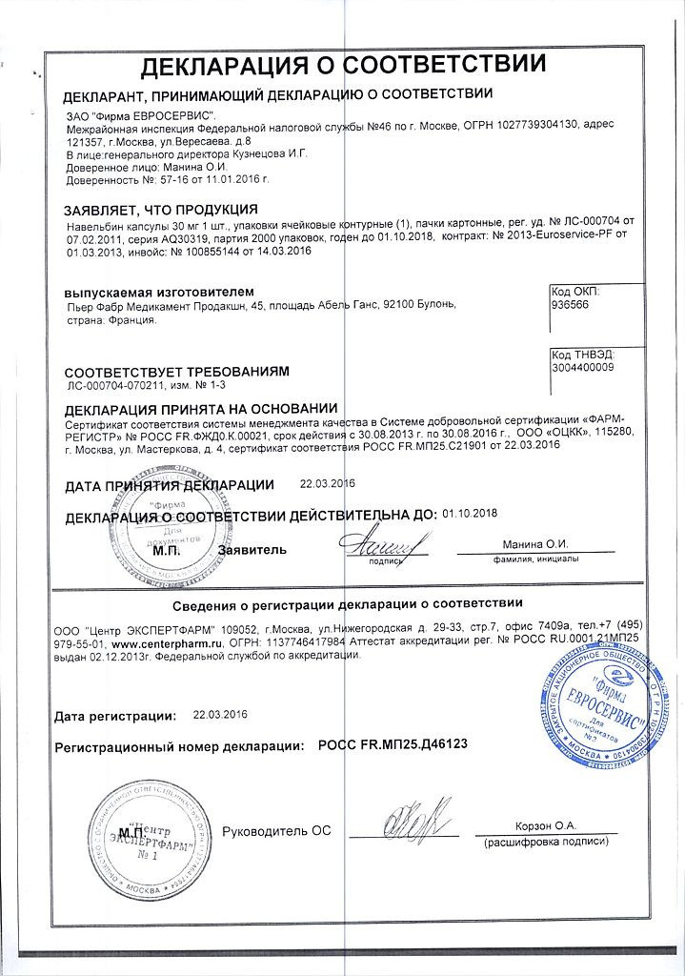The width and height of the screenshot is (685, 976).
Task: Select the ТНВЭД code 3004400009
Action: click(x=582, y=366)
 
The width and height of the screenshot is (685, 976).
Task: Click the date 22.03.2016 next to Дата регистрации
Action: click(x=219, y=714)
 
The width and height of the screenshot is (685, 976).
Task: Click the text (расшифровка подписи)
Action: click(x=540, y=844)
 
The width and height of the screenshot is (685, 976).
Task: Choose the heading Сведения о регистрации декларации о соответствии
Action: click(x=348, y=604)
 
